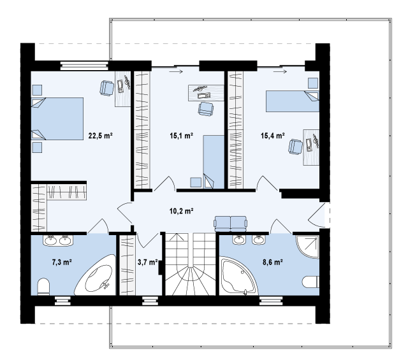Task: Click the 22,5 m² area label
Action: pyautogui.click(x=101, y=136)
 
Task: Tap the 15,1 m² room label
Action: pyautogui.click(x=181, y=136)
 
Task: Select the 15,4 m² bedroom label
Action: pyautogui.click(x=273, y=136)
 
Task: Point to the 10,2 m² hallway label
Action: pyautogui.click(x=181, y=211)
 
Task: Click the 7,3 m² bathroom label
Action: pyautogui.click(x=62, y=263)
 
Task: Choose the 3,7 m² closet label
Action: pyautogui.click(x=147, y=263)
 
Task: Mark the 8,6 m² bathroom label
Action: pyautogui.click(x=273, y=263)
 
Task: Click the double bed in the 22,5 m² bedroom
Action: pyautogui.click(x=57, y=119)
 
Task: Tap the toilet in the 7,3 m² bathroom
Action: pyautogui.click(x=43, y=287)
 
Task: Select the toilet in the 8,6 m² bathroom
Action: pyautogui.click(x=311, y=282)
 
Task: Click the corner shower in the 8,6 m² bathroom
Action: pyautogui.click(x=307, y=247)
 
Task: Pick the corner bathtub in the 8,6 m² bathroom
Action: pyautogui.click(x=238, y=276)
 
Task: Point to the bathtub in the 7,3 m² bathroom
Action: pyautogui.click(x=95, y=276)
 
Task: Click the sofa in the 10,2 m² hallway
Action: pyautogui.click(x=231, y=224)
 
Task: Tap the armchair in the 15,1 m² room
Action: pyautogui.click(x=205, y=109)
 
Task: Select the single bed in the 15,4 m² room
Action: pyautogui.click(x=293, y=101)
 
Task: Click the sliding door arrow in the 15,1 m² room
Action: pyautogui.click(x=176, y=71)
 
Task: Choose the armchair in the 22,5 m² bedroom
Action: pyautogui.click(x=106, y=88)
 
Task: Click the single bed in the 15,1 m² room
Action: pyautogui.click(x=214, y=162)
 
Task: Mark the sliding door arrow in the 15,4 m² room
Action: pyautogui.click(x=280, y=71)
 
